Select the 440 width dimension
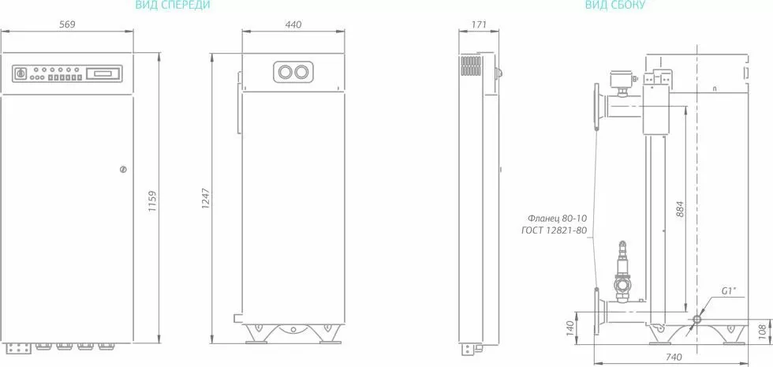[x=293, y=24]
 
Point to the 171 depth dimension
[x=479, y=24]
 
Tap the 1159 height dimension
[x=152, y=202]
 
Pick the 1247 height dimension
[x=206, y=198]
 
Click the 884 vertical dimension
[x=679, y=210]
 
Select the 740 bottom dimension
[x=674, y=356]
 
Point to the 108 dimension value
[x=762, y=331]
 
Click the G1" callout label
[x=729, y=290]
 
